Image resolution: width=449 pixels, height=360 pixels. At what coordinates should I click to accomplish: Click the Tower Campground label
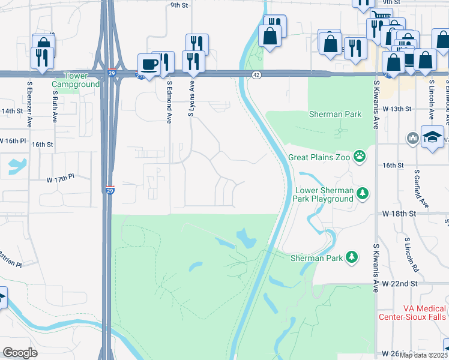coord(83,80)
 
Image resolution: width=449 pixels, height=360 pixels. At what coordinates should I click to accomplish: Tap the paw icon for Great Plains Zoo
coord(359,157)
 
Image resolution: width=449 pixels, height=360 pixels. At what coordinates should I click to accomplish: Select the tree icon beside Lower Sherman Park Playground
coord(362,193)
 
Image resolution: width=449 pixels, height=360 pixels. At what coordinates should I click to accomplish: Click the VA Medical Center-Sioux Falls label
coord(412,312)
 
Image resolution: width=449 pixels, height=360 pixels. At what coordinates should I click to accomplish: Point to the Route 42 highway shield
coord(256,74)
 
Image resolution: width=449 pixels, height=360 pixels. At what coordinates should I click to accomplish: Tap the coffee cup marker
coord(148,64)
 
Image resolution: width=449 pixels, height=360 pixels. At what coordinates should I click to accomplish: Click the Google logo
coord(20,353)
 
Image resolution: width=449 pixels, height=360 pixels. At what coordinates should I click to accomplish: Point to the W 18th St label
coord(399,214)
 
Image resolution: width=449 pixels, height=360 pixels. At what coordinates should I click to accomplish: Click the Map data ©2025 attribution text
coord(423,355)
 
